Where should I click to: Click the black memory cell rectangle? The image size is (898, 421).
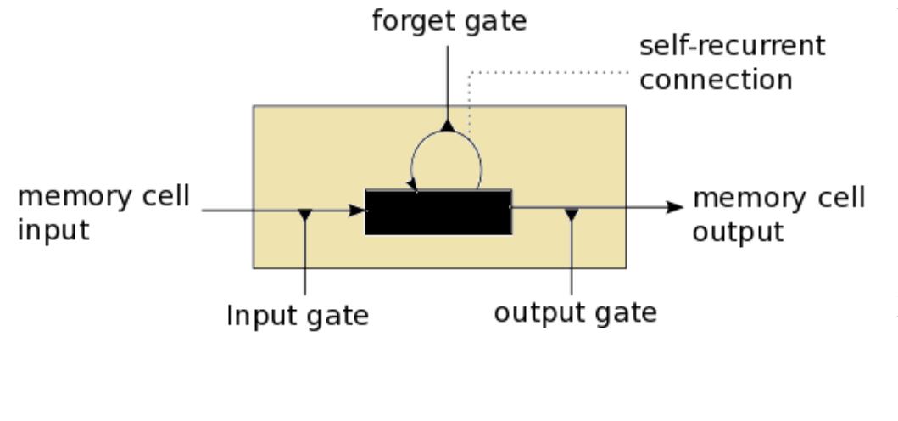[x=438, y=211]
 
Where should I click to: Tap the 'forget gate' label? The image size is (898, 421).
[x=449, y=20]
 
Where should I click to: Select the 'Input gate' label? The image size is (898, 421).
[x=298, y=316]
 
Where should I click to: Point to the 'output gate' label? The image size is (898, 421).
[x=576, y=312]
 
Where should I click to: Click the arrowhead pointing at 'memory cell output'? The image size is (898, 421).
[x=675, y=207]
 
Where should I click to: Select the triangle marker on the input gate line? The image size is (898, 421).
[x=305, y=214]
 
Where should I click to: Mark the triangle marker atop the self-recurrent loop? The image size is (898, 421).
[x=449, y=126]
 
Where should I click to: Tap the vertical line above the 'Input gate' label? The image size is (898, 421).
[x=305, y=263]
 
